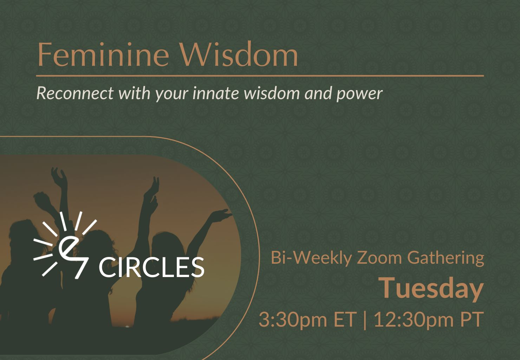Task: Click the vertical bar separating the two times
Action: click(x=364, y=320)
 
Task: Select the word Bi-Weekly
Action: click(x=311, y=258)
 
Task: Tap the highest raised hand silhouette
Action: click(x=59, y=176)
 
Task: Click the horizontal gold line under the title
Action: click(x=260, y=76)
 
